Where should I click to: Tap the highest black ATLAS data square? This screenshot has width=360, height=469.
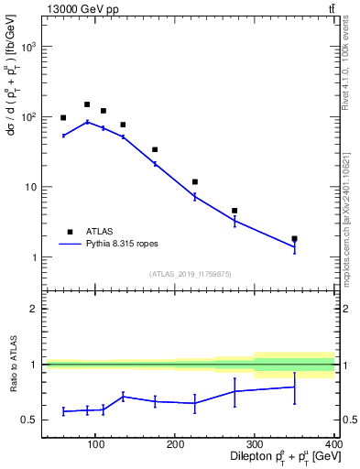click(87, 104)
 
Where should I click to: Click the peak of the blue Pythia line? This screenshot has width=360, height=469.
click(87, 122)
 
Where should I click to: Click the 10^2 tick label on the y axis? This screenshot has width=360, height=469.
click(28, 117)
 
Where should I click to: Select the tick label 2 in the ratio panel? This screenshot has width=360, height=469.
click(34, 309)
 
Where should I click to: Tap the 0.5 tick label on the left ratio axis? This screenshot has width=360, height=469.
click(29, 420)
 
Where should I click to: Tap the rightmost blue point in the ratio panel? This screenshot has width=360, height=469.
click(294, 387)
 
